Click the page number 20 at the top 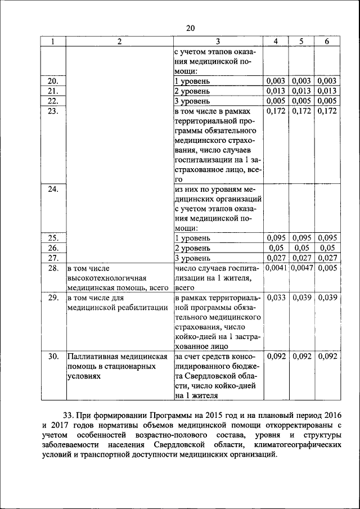pos(190,29)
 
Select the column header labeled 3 pos(218,42)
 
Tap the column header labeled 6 pos(326,42)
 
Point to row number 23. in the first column pos(53,111)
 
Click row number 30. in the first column pos(53,356)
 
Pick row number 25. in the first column pos(53,238)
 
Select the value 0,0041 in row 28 pos(276,268)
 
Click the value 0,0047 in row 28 pos(302,268)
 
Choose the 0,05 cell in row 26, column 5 pos(302,248)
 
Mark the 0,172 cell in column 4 pos(276,111)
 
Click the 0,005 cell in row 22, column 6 pos(326,101)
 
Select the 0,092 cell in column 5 pos(302,356)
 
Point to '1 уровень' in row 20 pos(192,82)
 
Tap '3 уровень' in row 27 pos(192,258)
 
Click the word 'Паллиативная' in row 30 pos(93,356)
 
